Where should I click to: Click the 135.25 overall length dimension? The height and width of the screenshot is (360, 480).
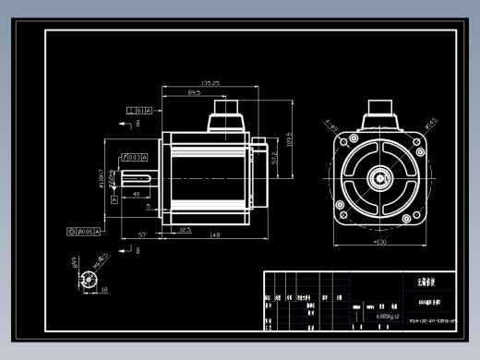pos(210,84)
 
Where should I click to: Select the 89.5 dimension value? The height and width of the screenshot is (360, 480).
pos(194,93)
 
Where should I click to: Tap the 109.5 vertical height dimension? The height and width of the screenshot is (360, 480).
pos(288,139)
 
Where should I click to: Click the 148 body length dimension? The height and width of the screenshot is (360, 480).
pos(213,236)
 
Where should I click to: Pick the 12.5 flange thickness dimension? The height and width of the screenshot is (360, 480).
pos(184,228)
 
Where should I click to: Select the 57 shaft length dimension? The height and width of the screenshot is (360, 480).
pos(141,236)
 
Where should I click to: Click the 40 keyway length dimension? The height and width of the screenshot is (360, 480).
pos(136,195)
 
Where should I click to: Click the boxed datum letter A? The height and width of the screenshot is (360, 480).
pos(115,198)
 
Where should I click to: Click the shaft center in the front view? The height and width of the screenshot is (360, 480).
pos(380,176)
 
